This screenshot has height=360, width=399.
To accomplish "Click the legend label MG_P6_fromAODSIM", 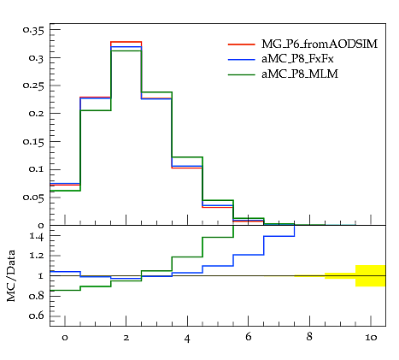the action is tap(320, 44).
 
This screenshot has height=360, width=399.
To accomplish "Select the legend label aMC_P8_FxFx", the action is tap(297, 59).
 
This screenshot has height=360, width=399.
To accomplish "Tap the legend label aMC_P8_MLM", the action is tap(300, 74).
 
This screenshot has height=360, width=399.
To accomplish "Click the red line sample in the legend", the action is tap(242, 44).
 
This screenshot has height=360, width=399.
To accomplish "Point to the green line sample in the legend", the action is tap(242, 74).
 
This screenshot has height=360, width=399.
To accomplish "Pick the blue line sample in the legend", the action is tap(242, 59).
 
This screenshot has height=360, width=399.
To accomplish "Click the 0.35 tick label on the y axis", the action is tap(33, 30).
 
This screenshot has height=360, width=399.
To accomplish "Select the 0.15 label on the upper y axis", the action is tap(33, 142).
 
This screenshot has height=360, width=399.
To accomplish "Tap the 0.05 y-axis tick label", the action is tap(33, 198).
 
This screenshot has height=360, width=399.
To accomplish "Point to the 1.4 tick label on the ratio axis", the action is tap(37, 236).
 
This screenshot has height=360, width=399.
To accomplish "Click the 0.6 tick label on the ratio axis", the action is tap(37, 316).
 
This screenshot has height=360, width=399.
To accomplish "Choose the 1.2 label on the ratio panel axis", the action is tap(37, 255).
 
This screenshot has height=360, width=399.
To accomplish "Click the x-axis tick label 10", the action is tap(371, 338).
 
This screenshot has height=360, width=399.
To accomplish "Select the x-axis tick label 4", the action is tap(187, 339).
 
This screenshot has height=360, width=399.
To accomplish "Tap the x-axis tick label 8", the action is tap(309, 337).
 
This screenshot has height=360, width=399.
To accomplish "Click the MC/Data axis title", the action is tap(11, 275).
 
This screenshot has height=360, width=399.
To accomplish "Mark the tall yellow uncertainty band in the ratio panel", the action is tap(371, 275).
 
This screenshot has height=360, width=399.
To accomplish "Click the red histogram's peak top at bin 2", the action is tap(126, 42).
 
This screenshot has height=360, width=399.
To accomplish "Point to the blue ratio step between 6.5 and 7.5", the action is tap(279, 236).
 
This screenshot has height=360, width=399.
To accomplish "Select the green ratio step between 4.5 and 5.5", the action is tap(218, 237).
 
